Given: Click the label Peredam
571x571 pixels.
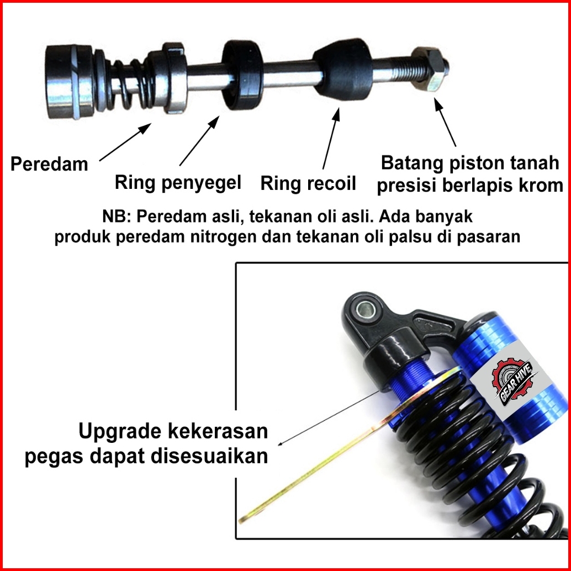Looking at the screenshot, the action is [49, 164].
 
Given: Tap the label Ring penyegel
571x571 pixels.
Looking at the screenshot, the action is [178, 182].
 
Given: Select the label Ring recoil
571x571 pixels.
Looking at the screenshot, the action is [308, 183].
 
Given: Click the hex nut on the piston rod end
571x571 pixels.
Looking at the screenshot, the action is [430, 71].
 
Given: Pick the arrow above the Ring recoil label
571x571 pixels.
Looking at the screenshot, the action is [331, 138].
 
